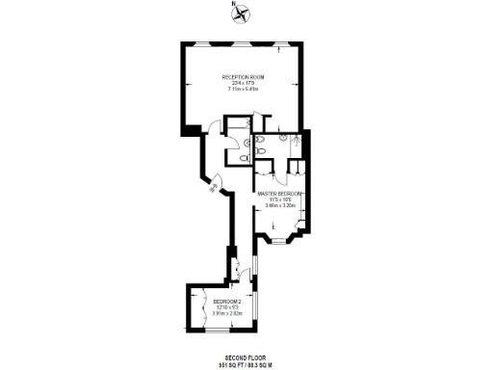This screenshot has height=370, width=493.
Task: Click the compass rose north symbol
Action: click(244, 14)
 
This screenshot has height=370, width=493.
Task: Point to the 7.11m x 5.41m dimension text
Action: click(244, 90)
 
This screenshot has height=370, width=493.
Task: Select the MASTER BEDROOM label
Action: click(280, 193)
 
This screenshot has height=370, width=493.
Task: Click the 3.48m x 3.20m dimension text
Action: click(280, 206)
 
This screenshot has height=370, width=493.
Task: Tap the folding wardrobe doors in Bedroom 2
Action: click(196, 307)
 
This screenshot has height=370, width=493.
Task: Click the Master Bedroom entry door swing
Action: click(263, 176)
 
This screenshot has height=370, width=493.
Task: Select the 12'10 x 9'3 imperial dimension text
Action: click(227, 307)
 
